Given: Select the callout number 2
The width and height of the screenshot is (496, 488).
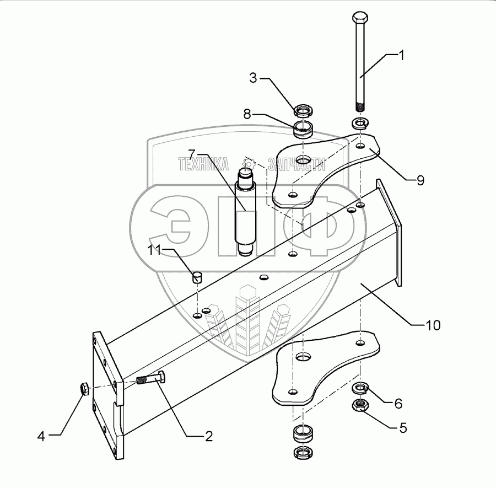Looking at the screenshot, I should point(208,436).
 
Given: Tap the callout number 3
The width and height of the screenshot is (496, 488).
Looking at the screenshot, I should point(253,78).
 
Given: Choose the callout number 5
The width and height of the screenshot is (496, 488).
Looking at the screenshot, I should point(403,427).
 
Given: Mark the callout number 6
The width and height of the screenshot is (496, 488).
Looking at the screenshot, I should point(398,404).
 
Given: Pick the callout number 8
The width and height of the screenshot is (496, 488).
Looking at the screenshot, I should point(247,115).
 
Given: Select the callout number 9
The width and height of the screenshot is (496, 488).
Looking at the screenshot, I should point(420,180).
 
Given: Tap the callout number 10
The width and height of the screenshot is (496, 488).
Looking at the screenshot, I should point(433,325).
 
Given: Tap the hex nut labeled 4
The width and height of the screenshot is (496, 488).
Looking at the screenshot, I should point(85,389).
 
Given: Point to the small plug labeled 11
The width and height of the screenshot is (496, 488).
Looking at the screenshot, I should point(197,275).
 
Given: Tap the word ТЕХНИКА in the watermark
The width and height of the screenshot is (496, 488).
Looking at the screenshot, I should point(203,164).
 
